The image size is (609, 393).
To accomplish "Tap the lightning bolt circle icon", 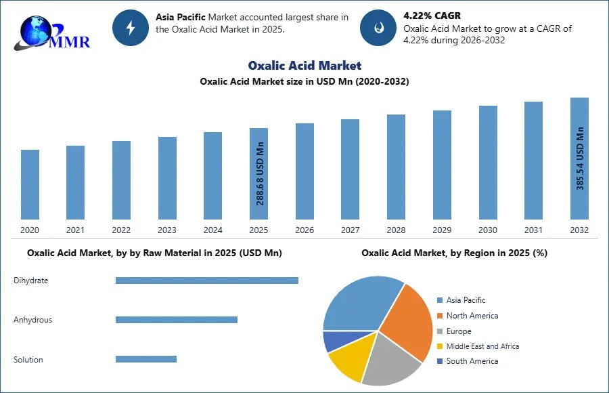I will point(130,28).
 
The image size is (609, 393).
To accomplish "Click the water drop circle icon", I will point(378,28).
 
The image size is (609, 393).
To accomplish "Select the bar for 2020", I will point(30,184).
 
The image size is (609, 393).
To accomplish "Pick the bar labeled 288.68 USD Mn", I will point(258,173).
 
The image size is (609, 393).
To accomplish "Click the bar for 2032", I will point(579,159).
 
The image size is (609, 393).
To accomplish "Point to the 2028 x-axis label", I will point(396,230).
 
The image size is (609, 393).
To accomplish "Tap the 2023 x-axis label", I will point(167,230).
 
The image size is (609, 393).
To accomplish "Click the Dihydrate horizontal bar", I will point(206,281).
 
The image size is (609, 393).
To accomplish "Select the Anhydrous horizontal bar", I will point(176,320).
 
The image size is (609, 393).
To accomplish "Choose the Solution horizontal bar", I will point(145,359).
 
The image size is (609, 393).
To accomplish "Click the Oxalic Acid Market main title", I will point(304,66).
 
